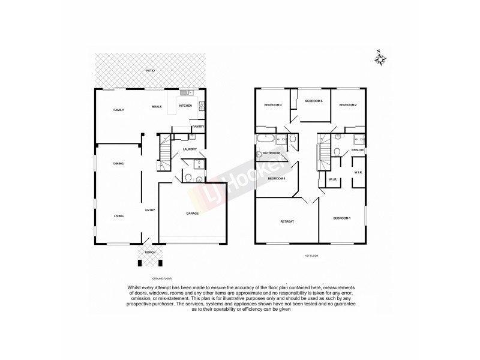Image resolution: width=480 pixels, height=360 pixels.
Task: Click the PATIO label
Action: pos(150,71)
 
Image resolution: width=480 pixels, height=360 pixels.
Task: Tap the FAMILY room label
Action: pos(119,110)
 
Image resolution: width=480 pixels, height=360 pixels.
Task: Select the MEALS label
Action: pos(157,106)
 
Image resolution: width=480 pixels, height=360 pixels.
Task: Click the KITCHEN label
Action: pos(185,106)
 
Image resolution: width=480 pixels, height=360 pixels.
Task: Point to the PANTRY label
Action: pos(198,127)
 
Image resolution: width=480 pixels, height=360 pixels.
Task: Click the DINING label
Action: pos(118,163)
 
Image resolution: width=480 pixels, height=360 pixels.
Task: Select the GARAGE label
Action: pos(192,213)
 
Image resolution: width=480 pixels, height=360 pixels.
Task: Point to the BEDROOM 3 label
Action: pos(273,106)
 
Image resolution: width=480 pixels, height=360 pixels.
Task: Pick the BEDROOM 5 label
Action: pos(314,101)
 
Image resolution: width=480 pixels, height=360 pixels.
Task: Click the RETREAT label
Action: pos(287,221)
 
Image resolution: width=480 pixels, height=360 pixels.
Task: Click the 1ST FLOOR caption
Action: pos(311,256)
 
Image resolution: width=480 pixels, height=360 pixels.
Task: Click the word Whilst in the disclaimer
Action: pos(135,287)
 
